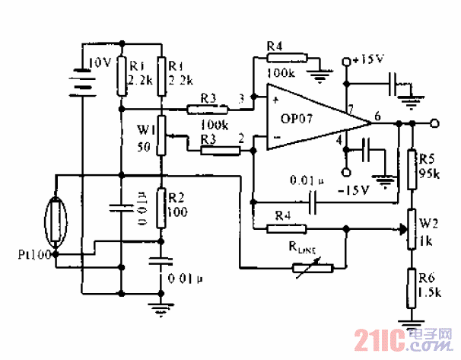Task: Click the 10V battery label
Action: [100, 64]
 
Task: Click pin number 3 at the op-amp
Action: [242, 98]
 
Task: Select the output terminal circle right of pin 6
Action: [434, 123]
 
